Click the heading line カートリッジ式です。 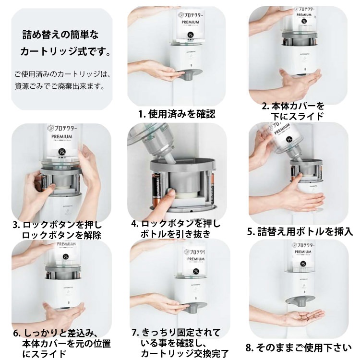coord(65,51)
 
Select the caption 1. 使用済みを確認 coord(176,114)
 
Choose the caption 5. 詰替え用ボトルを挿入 coord(300,231)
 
